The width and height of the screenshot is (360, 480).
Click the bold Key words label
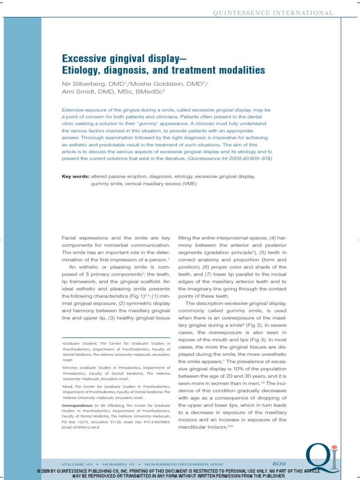coord(75,177)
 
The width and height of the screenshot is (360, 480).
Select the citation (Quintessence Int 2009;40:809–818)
coord(229,159)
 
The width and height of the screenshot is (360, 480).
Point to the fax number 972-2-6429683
coord(154,422)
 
